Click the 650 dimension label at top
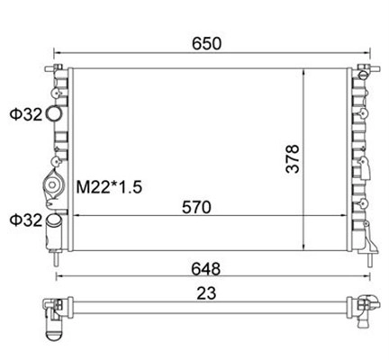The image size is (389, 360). [206, 43]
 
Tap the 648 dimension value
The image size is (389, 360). [206, 269]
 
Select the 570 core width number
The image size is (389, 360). [196, 207]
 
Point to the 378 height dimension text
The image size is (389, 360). [293, 158]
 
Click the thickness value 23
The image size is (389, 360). [206, 293]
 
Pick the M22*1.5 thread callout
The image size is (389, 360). [109, 187]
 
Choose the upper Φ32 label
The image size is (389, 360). [26, 114]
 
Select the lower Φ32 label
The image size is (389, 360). [26, 220]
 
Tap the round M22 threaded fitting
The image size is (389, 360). [52, 184]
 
